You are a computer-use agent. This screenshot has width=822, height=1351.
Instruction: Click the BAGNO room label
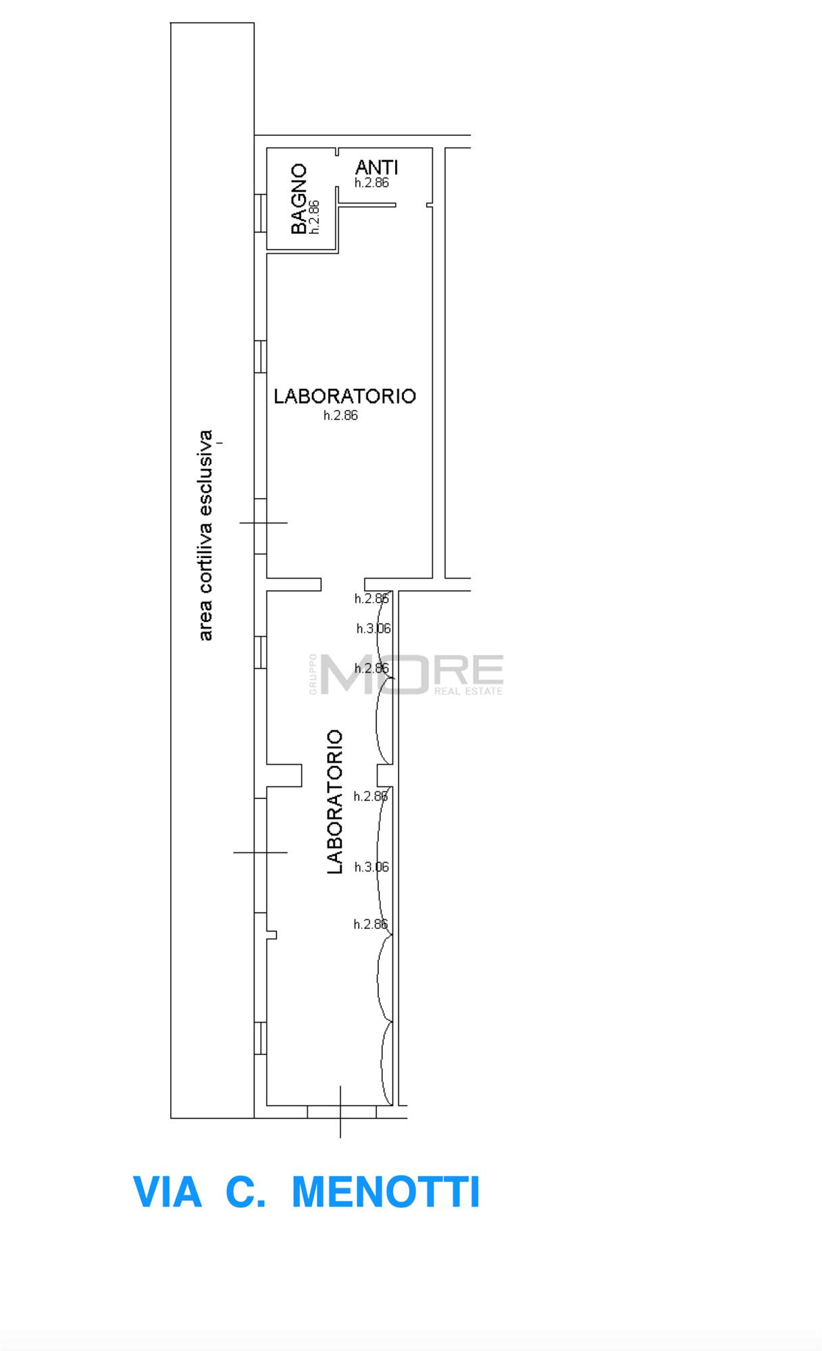(299, 199)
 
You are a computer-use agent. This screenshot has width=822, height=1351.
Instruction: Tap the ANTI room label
(377, 167)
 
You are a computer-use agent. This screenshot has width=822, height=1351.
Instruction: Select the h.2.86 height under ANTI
(371, 182)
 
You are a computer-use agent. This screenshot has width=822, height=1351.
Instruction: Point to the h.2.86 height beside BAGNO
(314, 217)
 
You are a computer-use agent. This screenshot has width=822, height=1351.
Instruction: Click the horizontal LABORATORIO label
(344, 396)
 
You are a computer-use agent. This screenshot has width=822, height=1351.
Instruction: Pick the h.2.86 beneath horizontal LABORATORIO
(340, 415)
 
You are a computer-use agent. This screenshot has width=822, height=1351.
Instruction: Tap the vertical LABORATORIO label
(335, 802)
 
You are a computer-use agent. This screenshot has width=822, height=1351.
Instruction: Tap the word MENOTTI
(386, 1192)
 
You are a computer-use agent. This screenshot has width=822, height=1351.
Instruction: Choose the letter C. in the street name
(245, 1192)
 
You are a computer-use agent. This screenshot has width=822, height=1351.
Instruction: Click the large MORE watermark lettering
(412, 673)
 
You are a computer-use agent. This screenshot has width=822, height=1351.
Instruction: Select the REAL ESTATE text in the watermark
(469, 691)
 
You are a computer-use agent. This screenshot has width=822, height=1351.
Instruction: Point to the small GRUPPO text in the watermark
(313, 673)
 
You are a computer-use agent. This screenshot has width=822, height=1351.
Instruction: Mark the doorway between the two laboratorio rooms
(342, 584)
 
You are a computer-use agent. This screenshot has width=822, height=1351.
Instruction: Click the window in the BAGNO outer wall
(260, 213)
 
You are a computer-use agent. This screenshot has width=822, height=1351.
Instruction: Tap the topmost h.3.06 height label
(374, 629)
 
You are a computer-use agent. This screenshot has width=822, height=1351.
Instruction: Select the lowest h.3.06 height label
(371, 867)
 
